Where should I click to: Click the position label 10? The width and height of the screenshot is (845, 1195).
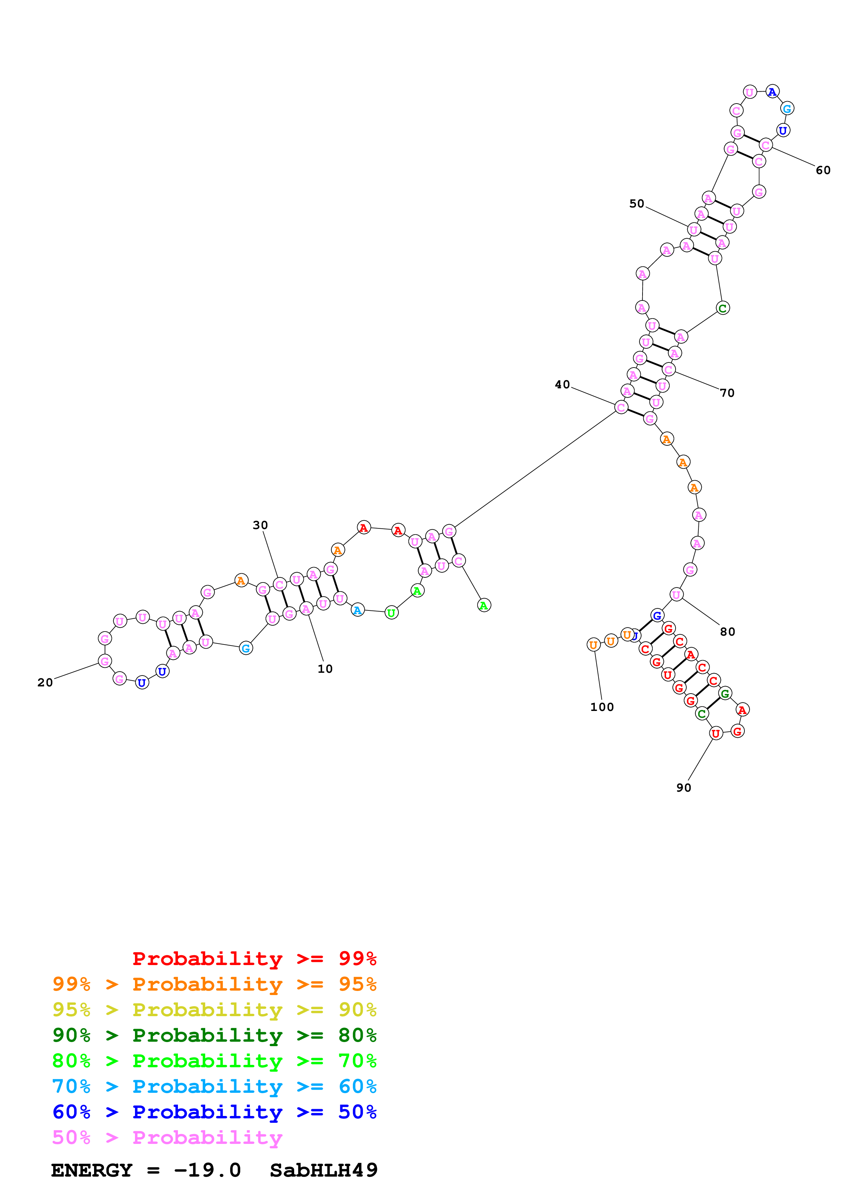[x=325, y=669]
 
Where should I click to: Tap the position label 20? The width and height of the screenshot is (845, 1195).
[x=45, y=682]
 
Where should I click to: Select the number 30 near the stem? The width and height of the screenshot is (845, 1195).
[x=260, y=525]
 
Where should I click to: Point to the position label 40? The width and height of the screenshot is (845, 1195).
[x=562, y=385]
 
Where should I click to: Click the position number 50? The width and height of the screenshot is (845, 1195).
[x=637, y=203]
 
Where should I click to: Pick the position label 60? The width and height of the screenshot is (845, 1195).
[x=823, y=170]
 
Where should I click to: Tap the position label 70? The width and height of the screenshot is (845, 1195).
[x=727, y=393]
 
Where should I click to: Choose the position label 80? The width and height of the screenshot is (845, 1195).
[x=727, y=632]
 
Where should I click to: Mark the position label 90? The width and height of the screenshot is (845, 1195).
[x=684, y=788]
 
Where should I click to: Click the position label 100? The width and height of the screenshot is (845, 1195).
[x=602, y=707]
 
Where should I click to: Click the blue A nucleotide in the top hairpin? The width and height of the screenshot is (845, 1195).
[x=773, y=92]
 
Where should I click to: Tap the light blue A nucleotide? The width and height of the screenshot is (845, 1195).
[x=357, y=610]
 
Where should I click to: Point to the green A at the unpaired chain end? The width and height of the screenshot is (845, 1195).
[x=484, y=605]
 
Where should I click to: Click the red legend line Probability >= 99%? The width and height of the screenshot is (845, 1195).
[x=254, y=959]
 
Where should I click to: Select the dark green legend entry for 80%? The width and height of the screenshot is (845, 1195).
[x=214, y=1035]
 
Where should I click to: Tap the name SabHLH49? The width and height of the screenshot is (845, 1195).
[x=323, y=1170]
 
